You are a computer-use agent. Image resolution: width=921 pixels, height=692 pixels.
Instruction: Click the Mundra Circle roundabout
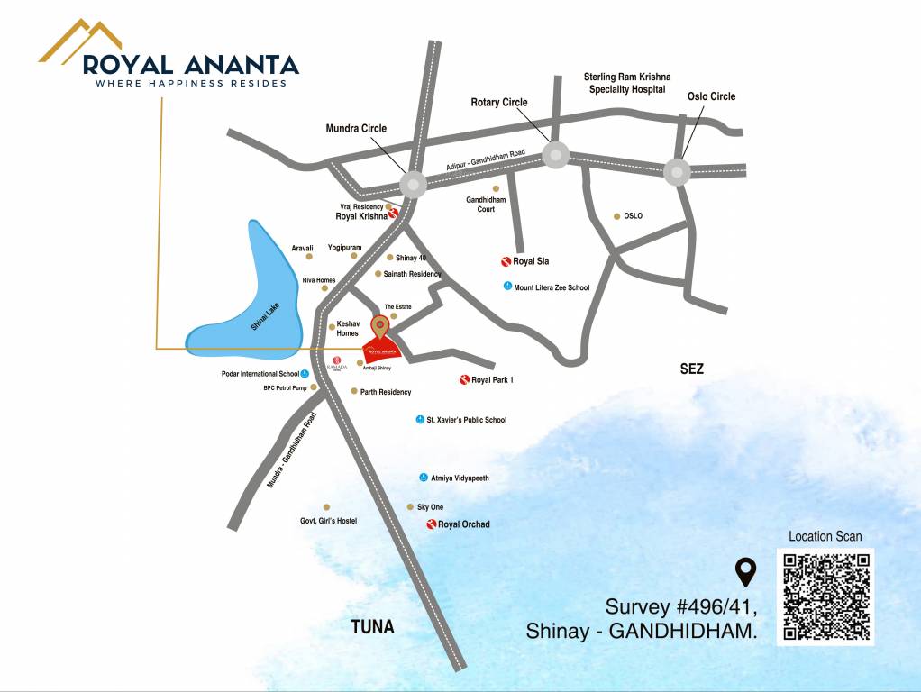pos(413,185)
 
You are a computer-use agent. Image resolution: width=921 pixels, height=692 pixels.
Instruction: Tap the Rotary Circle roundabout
pos(555,155)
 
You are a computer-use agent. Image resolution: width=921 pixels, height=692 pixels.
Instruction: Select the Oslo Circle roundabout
pos(677,171)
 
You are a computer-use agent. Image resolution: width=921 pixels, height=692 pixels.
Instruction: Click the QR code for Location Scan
pos(826,596)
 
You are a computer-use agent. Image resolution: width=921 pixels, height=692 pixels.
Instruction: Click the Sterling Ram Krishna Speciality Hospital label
pos(627,83)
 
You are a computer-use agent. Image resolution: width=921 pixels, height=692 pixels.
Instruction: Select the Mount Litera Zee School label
pos(552,287)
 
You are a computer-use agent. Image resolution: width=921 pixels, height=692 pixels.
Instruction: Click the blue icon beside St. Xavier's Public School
pos(420,420)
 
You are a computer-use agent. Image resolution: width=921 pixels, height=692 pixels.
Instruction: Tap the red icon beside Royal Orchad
pos(432,524)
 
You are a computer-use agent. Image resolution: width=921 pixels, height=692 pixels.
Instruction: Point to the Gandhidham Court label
pos(487,204)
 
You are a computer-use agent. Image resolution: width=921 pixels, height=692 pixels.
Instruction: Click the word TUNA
pos(372,627)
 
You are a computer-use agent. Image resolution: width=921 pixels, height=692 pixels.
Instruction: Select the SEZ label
pos(692,369)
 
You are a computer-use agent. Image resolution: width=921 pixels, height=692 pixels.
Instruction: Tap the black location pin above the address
pos(745,571)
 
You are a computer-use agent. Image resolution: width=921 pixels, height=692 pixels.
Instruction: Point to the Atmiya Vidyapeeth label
pos(460,478)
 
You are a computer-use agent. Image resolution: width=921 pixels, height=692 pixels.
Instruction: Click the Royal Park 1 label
pos(492,379)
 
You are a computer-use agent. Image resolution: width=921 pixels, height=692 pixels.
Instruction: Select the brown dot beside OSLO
pos(616,216)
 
